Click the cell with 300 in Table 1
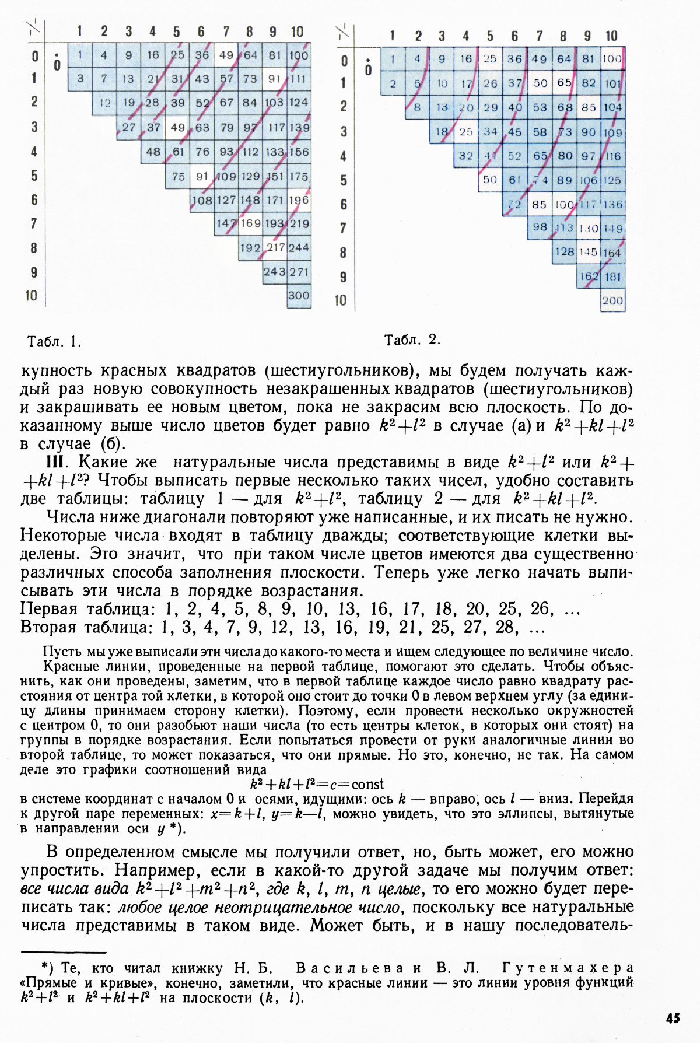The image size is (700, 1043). pos(298,296)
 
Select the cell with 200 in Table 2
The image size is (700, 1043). pos(612,301)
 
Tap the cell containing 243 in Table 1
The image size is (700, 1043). pos(274,272)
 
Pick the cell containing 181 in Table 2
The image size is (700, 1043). pos(612,277)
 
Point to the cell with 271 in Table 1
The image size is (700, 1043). pos(299,272)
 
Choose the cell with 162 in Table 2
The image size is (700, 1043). pos(589,277)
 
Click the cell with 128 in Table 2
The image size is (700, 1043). pos(564,252)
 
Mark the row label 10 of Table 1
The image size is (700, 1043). pos(31,296)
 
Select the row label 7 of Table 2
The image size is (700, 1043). pos(344,228)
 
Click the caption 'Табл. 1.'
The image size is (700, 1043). pos(54,342)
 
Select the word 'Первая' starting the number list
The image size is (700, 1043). pos(49,610)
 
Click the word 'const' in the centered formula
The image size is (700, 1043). pos(367,784)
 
